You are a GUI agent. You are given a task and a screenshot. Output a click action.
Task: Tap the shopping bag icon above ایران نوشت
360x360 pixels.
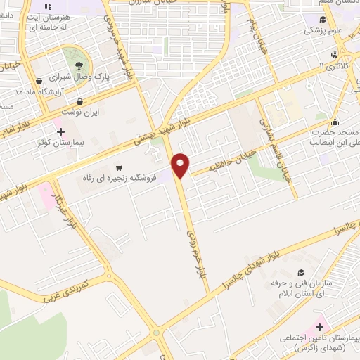click(79, 101)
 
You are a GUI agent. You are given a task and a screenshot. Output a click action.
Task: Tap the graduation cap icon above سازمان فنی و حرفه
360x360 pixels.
click(302, 272)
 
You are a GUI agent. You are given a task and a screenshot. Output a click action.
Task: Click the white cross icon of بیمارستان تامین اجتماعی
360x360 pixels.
click(319, 327)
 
